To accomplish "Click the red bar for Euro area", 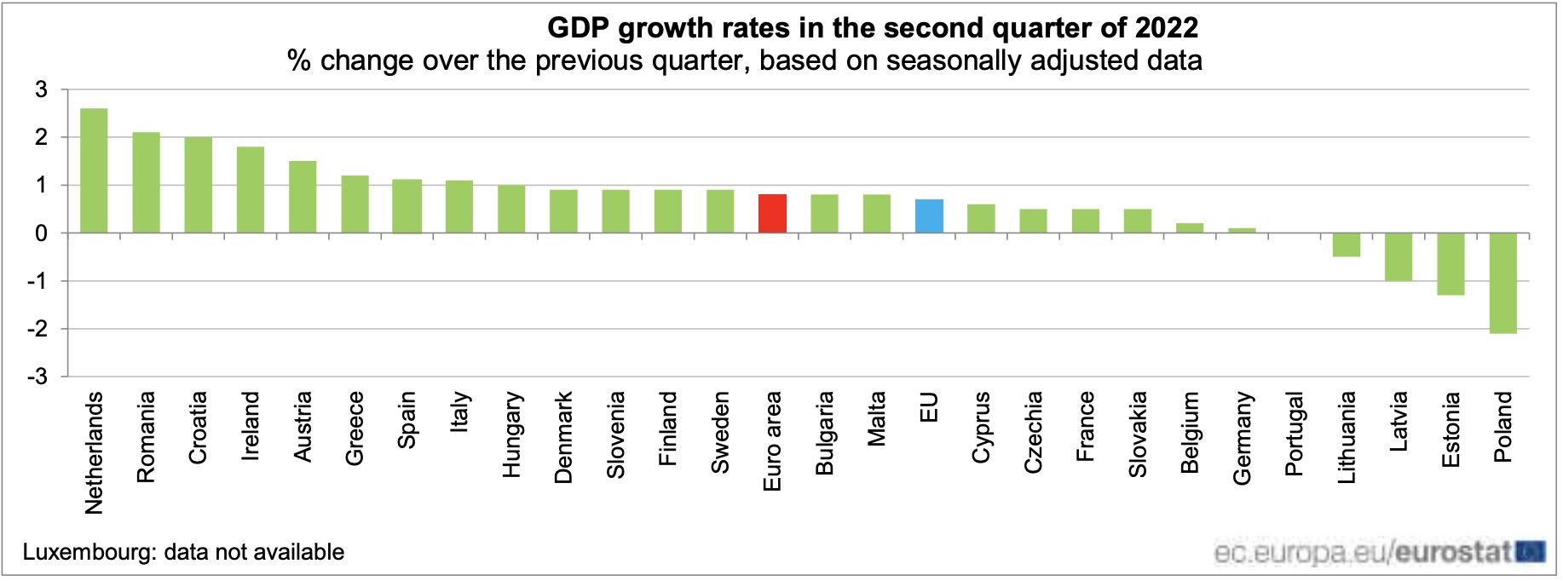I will click(x=772, y=214).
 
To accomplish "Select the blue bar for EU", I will click(x=929, y=216).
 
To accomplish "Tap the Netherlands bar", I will click(x=94, y=170).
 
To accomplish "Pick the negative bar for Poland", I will click(x=1502, y=283).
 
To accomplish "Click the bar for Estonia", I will click(x=1451, y=264).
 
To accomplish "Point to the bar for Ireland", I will click(x=251, y=190).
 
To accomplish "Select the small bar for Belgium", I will click(x=1190, y=228).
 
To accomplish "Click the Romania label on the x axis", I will click(x=146, y=437).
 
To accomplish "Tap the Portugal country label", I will click(x=1294, y=434).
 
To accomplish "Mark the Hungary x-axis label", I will click(x=511, y=434).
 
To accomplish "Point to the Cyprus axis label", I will click(x=981, y=427).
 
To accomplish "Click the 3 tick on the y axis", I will click(x=41, y=89).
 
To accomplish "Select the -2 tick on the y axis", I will click(x=37, y=329).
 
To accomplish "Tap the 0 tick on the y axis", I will click(x=41, y=233).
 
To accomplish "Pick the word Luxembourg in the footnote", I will click(x=89, y=552).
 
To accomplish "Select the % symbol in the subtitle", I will click(x=298, y=61).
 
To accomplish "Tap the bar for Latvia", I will click(x=1399, y=257).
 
